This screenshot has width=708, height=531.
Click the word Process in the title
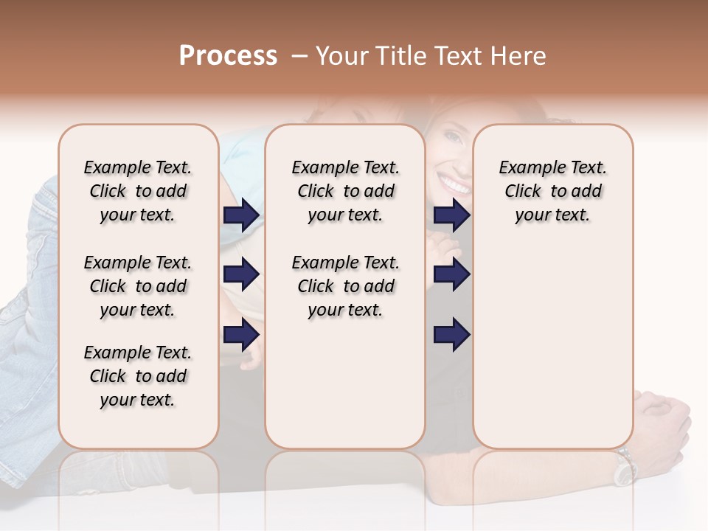(228, 56)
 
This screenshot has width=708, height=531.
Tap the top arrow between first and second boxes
(241, 215)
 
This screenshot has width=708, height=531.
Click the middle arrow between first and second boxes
(241, 275)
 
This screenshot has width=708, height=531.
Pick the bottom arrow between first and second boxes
(241, 335)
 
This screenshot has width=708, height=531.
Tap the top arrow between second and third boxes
(451, 215)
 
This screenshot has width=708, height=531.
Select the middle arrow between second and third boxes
(451, 275)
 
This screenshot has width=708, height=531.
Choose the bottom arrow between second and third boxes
(451, 335)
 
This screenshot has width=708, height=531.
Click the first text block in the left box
(138, 191)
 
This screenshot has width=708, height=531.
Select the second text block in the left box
(138, 286)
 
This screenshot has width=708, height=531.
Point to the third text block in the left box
(138, 376)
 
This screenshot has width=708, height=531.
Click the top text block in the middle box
(346, 191)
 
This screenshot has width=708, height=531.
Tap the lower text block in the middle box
(346, 286)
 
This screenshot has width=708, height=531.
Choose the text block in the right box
(552, 191)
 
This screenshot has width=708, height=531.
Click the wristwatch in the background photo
(626, 466)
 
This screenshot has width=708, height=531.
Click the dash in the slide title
(299, 56)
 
